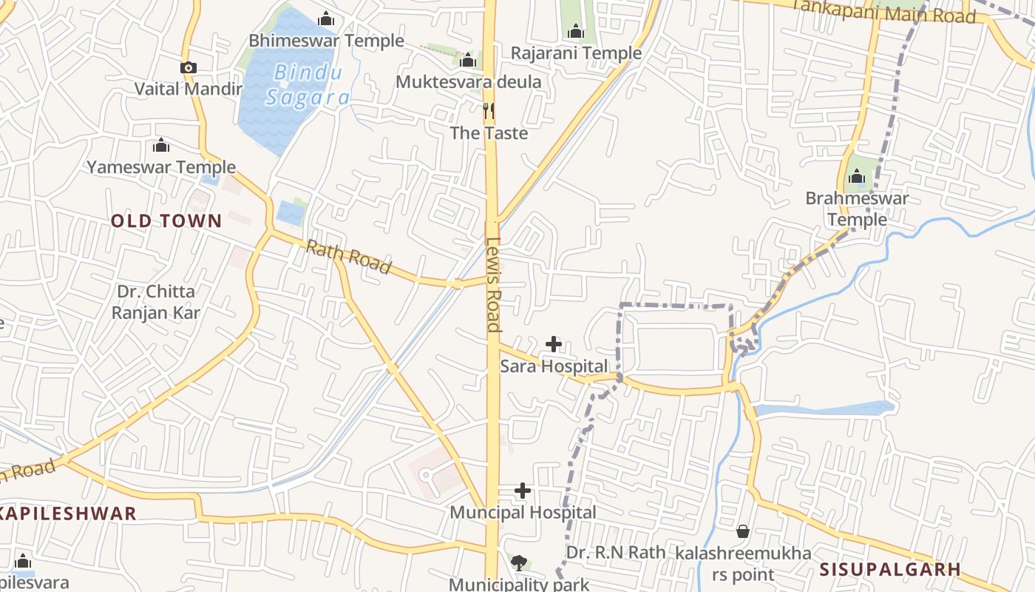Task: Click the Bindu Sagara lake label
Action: click(307, 85)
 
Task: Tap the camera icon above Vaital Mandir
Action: click(189, 68)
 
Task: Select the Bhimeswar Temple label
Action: click(326, 41)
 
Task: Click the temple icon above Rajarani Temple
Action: click(576, 31)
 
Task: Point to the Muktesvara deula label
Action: click(469, 81)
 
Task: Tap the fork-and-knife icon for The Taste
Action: click(488, 111)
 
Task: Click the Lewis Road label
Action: click(494, 284)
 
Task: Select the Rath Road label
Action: click(348, 258)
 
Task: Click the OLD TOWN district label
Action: click(166, 221)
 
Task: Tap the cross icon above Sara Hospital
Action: click(554, 343)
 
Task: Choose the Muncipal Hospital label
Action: click(523, 512)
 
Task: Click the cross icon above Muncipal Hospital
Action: click(523, 490)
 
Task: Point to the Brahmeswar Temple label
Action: click(857, 209)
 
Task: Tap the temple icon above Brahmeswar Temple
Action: click(857, 177)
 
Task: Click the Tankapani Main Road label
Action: click(883, 11)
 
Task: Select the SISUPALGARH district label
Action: click(890, 569)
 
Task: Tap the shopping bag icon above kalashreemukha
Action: click(743, 531)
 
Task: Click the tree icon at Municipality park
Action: click(520, 562)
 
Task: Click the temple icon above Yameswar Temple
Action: click(160, 145)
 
